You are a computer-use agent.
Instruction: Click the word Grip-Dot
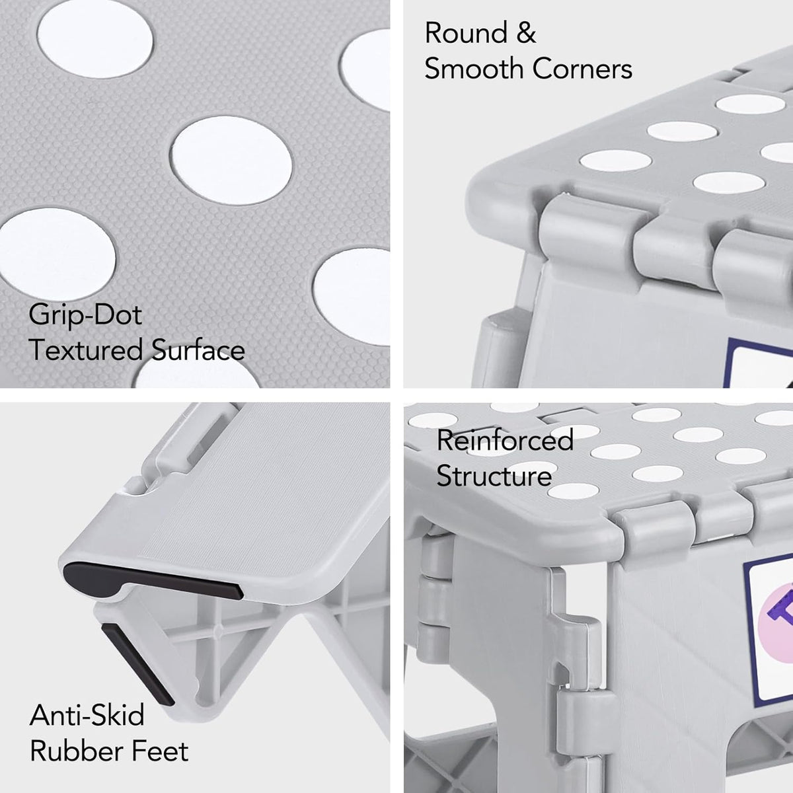85,315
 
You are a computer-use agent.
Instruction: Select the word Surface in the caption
198,350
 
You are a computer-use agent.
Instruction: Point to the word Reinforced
505,440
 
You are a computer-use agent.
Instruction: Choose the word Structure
494,476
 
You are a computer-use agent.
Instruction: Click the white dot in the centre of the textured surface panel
231,161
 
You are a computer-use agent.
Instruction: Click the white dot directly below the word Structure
573,491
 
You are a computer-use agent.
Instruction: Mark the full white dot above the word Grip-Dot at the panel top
95,39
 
